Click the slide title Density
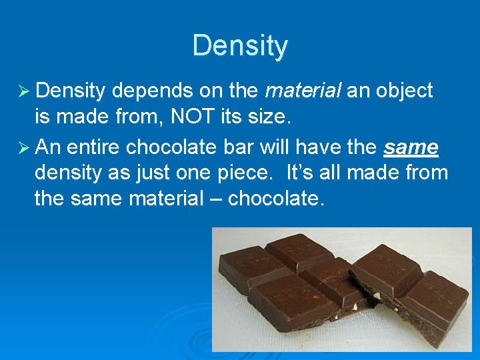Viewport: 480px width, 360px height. click(x=240, y=46)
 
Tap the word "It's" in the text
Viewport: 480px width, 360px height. click(x=300, y=173)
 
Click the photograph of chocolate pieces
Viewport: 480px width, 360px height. click(x=341, y=288)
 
